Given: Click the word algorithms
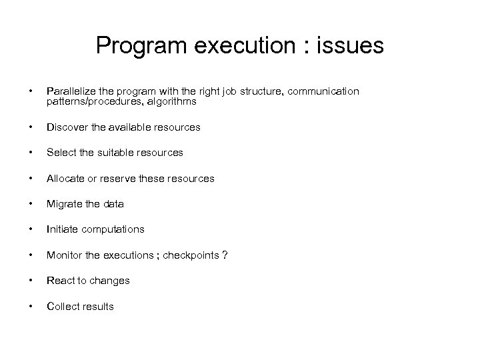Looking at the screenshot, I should coord(172,101).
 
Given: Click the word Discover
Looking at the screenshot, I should coord(65,127).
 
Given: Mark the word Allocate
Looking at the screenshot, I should coord(65,178).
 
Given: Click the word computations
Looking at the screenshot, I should coord(112,229).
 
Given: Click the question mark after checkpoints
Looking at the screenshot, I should coord(225,255).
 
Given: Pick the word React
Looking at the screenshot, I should coord(60,281).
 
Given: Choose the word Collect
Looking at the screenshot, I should coord(62,307).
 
